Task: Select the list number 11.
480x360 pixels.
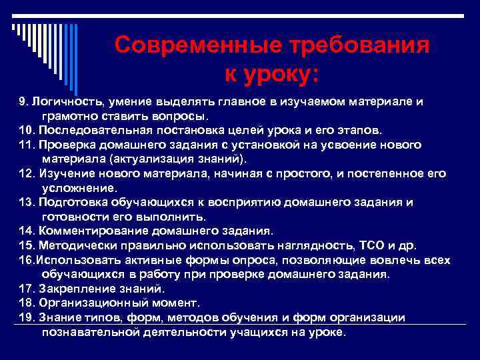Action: (x=26, y=145)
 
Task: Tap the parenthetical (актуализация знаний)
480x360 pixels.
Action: (x=144, y=159)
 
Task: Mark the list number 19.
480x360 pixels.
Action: (x=26, y=318)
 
